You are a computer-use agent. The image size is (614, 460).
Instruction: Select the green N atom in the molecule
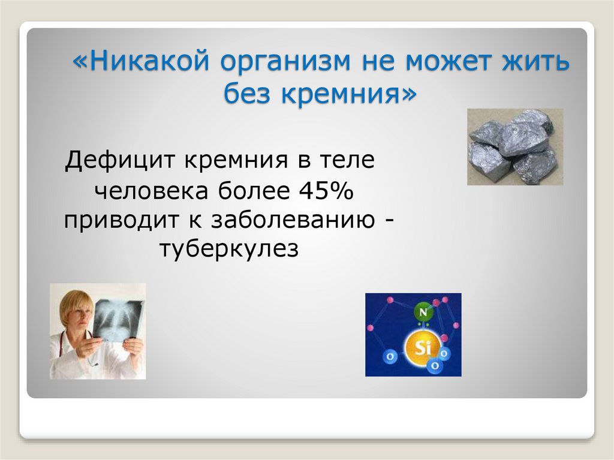(423, 312)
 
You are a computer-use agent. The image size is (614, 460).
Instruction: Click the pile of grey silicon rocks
(514, 146)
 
